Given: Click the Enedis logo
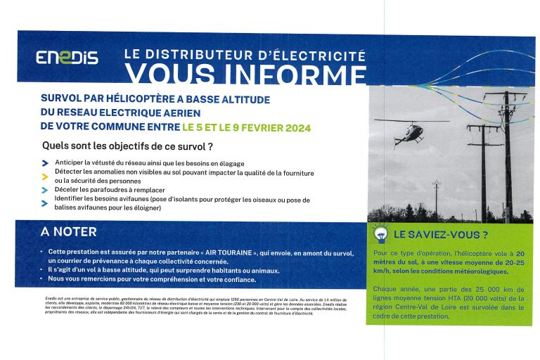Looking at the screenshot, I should pos(67,58).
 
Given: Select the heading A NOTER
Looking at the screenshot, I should pos(69,232).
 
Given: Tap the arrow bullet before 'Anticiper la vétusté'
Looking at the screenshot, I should pos(46,163).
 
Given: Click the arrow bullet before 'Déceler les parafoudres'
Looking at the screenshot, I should pos(46,190).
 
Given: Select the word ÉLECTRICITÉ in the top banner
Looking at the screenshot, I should pos(319,54).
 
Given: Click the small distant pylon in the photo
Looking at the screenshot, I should pos(437,195).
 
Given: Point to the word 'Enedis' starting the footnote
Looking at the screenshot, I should pos(43,299).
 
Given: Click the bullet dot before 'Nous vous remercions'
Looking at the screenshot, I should pos(41,279).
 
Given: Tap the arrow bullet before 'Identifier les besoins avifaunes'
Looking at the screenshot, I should pos(46,200).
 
